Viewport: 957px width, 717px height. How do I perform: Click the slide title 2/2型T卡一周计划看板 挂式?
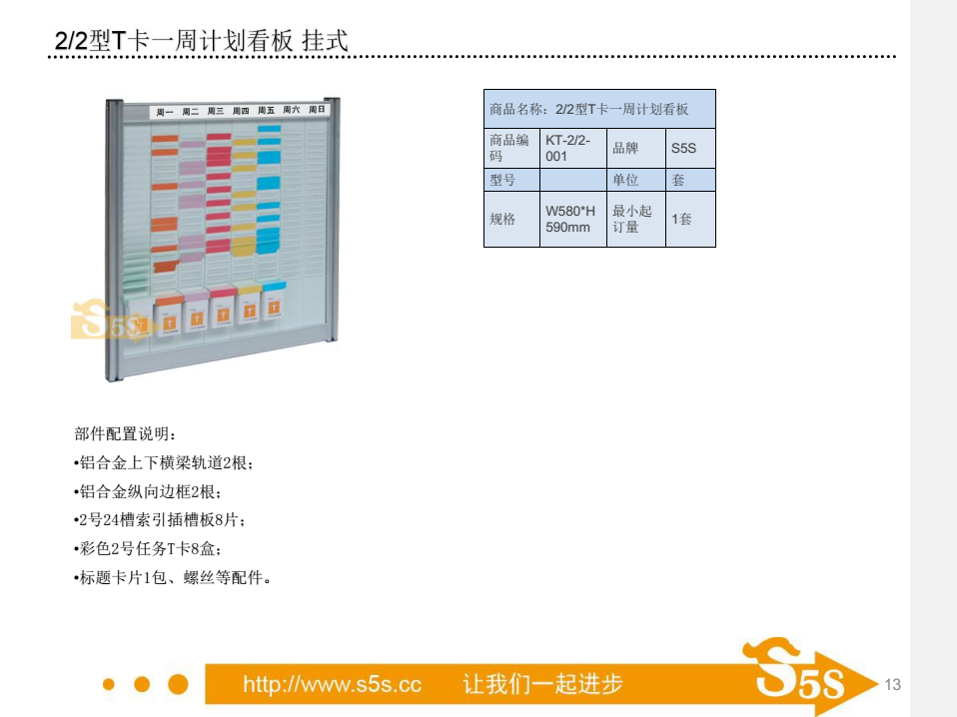click(202, 40)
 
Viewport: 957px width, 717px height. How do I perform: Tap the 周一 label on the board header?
click(165, 112)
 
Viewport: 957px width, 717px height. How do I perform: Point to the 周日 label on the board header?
click(317, 109)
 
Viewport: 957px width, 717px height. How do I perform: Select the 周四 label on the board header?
click(241, 111)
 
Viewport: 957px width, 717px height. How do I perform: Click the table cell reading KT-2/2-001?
click(573, 148)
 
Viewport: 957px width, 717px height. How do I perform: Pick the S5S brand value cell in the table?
click(690, 148)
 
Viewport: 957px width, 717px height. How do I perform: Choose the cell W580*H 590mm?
click(573, 219)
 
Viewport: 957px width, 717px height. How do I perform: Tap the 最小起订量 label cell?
click(636, 219)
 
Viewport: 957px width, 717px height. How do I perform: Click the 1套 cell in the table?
click(690, 219)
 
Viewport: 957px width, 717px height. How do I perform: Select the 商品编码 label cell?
click(512, 148)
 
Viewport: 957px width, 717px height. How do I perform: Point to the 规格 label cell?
click(512, 219)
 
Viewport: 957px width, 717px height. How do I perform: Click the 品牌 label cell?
click(636, 148)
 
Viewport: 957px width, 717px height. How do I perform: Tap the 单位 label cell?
click(636, 180)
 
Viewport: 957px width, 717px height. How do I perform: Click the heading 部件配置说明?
click(125, 433)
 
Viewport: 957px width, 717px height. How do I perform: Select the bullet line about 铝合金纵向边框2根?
click(147, 491)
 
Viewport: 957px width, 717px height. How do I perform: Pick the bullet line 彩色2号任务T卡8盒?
click(147, 548)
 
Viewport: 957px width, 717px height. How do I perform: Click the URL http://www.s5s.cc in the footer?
click(332, 684)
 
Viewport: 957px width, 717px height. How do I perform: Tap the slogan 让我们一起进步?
click(542, 684)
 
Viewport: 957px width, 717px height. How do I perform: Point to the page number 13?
click(892, 685)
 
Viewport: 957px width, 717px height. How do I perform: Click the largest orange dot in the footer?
click(178, 684)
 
